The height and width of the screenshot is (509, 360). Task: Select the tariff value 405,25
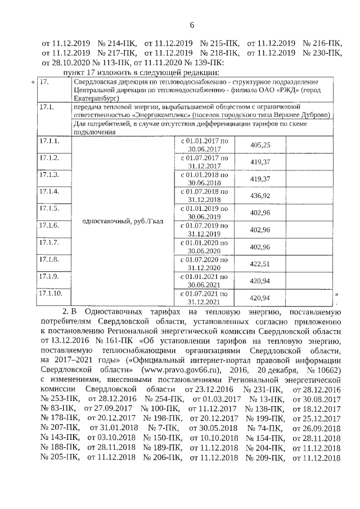[260, 145]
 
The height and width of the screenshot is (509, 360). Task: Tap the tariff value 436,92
[260, 195]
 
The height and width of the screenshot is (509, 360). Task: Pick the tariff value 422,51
[260, 263]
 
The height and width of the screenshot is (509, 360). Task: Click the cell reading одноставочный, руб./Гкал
[123, 221]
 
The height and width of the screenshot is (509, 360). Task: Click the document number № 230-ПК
[322, 53]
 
